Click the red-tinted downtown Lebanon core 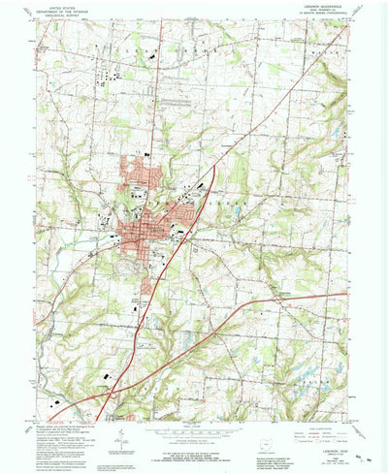click(136, 231)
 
